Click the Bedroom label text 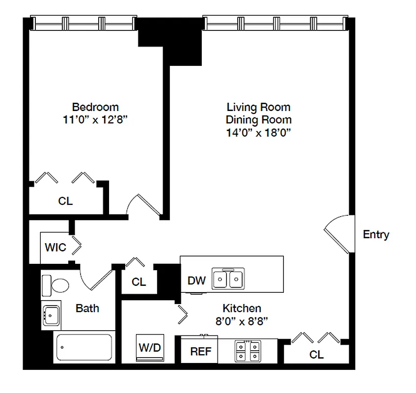[x=95, y=107]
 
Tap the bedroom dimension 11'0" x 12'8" [x=95, y=119]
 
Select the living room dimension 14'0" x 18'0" [x=258, y=133]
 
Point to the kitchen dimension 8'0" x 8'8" [x=242, y=321]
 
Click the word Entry [x=376, y=234]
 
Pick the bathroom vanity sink [x=51, y=314]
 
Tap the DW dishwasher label [x=196, y=281]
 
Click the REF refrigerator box [x=200, y=351]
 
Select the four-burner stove [x=248, y=352]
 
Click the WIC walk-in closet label [x=55, y=247]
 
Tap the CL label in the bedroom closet [x=65, y=201]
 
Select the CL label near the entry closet [x=316, y=354]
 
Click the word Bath [x=87, y=308]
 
